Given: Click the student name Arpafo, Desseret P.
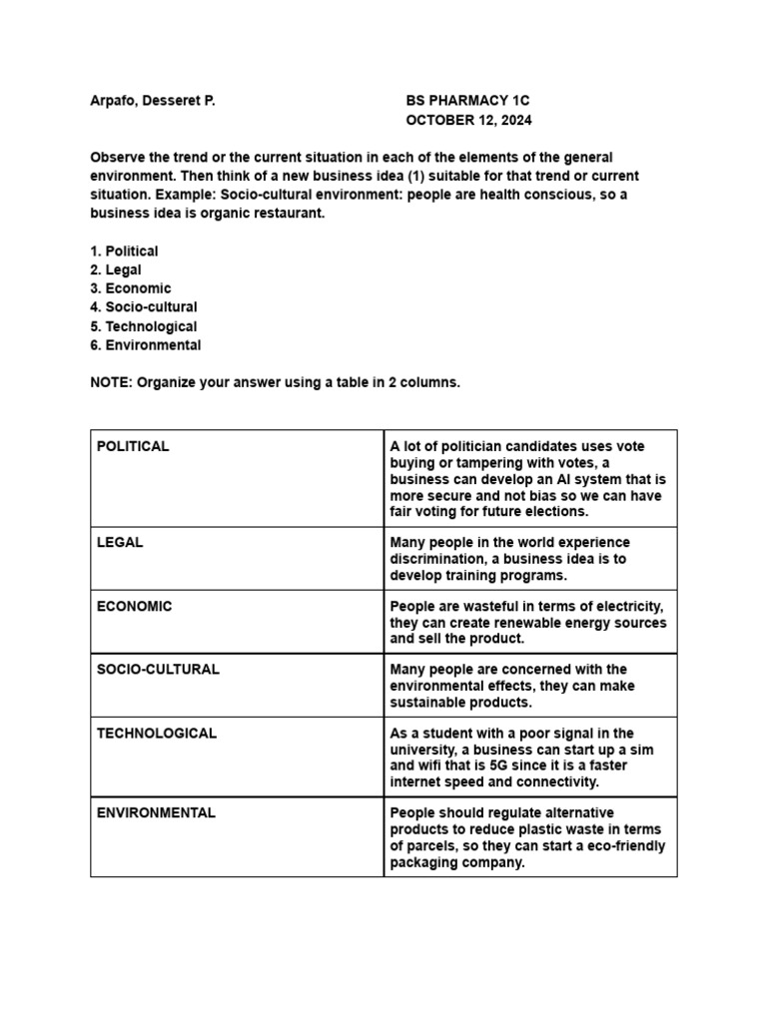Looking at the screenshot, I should click(153, 101).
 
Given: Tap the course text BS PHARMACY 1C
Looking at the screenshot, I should click(468, 101).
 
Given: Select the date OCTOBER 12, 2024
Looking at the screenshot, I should click(468, 120).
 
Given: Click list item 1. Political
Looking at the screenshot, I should click(124, 252).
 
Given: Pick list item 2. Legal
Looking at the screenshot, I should click(116, 269).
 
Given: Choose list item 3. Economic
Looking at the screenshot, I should click(131, 288).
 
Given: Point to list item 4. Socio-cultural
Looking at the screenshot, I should click(144, 307).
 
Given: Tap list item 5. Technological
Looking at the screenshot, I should click(144, 326).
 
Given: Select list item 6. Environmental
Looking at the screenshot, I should click(146, 345).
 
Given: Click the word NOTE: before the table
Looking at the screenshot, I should click(111, 383).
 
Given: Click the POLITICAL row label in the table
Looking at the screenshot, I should click(133, 446).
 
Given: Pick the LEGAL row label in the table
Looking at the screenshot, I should click(120, 542).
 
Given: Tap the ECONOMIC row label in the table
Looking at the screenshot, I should click(134, 606).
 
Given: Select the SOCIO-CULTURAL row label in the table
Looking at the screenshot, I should click(158, 669).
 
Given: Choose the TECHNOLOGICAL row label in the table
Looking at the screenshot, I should click(157, 733).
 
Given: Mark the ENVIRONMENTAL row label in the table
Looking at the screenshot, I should click(156, 812).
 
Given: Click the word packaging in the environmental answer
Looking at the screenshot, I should click(422, 862).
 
